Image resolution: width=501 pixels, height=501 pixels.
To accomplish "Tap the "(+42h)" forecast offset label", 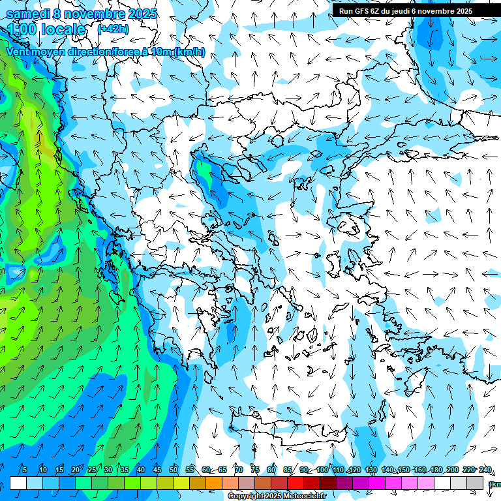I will [x=112, y=29].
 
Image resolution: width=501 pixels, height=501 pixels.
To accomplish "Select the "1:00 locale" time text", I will [x=46, y=29].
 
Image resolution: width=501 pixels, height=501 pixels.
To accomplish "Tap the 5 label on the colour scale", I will [x=25, y=470].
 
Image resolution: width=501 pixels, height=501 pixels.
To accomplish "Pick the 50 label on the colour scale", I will [x=174, y=470].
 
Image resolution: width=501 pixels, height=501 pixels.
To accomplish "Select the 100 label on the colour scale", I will [x=322, y=470].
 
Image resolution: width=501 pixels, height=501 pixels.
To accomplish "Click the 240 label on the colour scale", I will [x=485, y=470].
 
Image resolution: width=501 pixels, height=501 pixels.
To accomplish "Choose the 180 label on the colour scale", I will [x=436, y=470].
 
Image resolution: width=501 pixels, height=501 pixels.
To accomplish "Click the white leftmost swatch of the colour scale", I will [x=18, y=483].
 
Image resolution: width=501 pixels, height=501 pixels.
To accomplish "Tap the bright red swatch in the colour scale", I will [x=296, y=483].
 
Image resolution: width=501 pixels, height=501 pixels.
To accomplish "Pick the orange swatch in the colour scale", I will [x=214, y=483].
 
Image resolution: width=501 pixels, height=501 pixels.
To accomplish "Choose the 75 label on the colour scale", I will [x=255, y=470].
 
